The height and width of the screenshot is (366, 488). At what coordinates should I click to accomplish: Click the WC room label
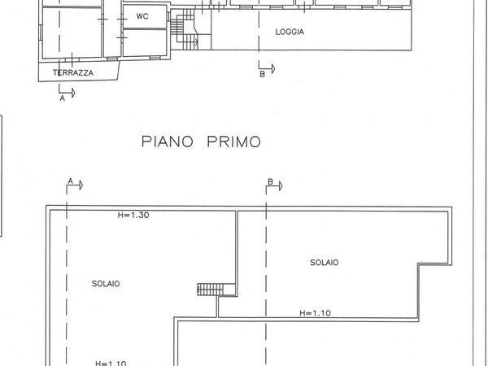[x=142, y=16]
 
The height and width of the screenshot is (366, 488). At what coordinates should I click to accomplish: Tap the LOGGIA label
[x=289, y=33]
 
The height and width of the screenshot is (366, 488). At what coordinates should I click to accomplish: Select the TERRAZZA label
[x=73, y=72]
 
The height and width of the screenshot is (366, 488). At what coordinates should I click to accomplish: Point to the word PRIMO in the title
[x=233, y=142]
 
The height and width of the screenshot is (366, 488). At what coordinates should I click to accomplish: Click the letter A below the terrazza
[x=63, y=101]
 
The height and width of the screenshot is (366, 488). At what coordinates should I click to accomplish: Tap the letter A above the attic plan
[x=71, y=180]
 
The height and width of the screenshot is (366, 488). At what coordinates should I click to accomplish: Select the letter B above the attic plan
[x=269, y=181]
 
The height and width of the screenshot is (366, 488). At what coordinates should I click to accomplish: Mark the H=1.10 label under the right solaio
[x=314, y=312]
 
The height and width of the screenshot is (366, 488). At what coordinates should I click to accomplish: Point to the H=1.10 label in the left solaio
[x=110, y=363]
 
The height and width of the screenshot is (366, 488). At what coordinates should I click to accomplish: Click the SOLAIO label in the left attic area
[x=106, y=283]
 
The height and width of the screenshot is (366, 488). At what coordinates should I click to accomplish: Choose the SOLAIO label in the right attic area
[x=324, y=262]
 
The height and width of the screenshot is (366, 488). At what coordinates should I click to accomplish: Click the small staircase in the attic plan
[x=210, y=289]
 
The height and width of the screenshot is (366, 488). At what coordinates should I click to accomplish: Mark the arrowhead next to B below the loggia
[x=272, y=68]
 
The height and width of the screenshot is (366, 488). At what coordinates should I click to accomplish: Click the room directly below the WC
[x=144, y=40]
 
